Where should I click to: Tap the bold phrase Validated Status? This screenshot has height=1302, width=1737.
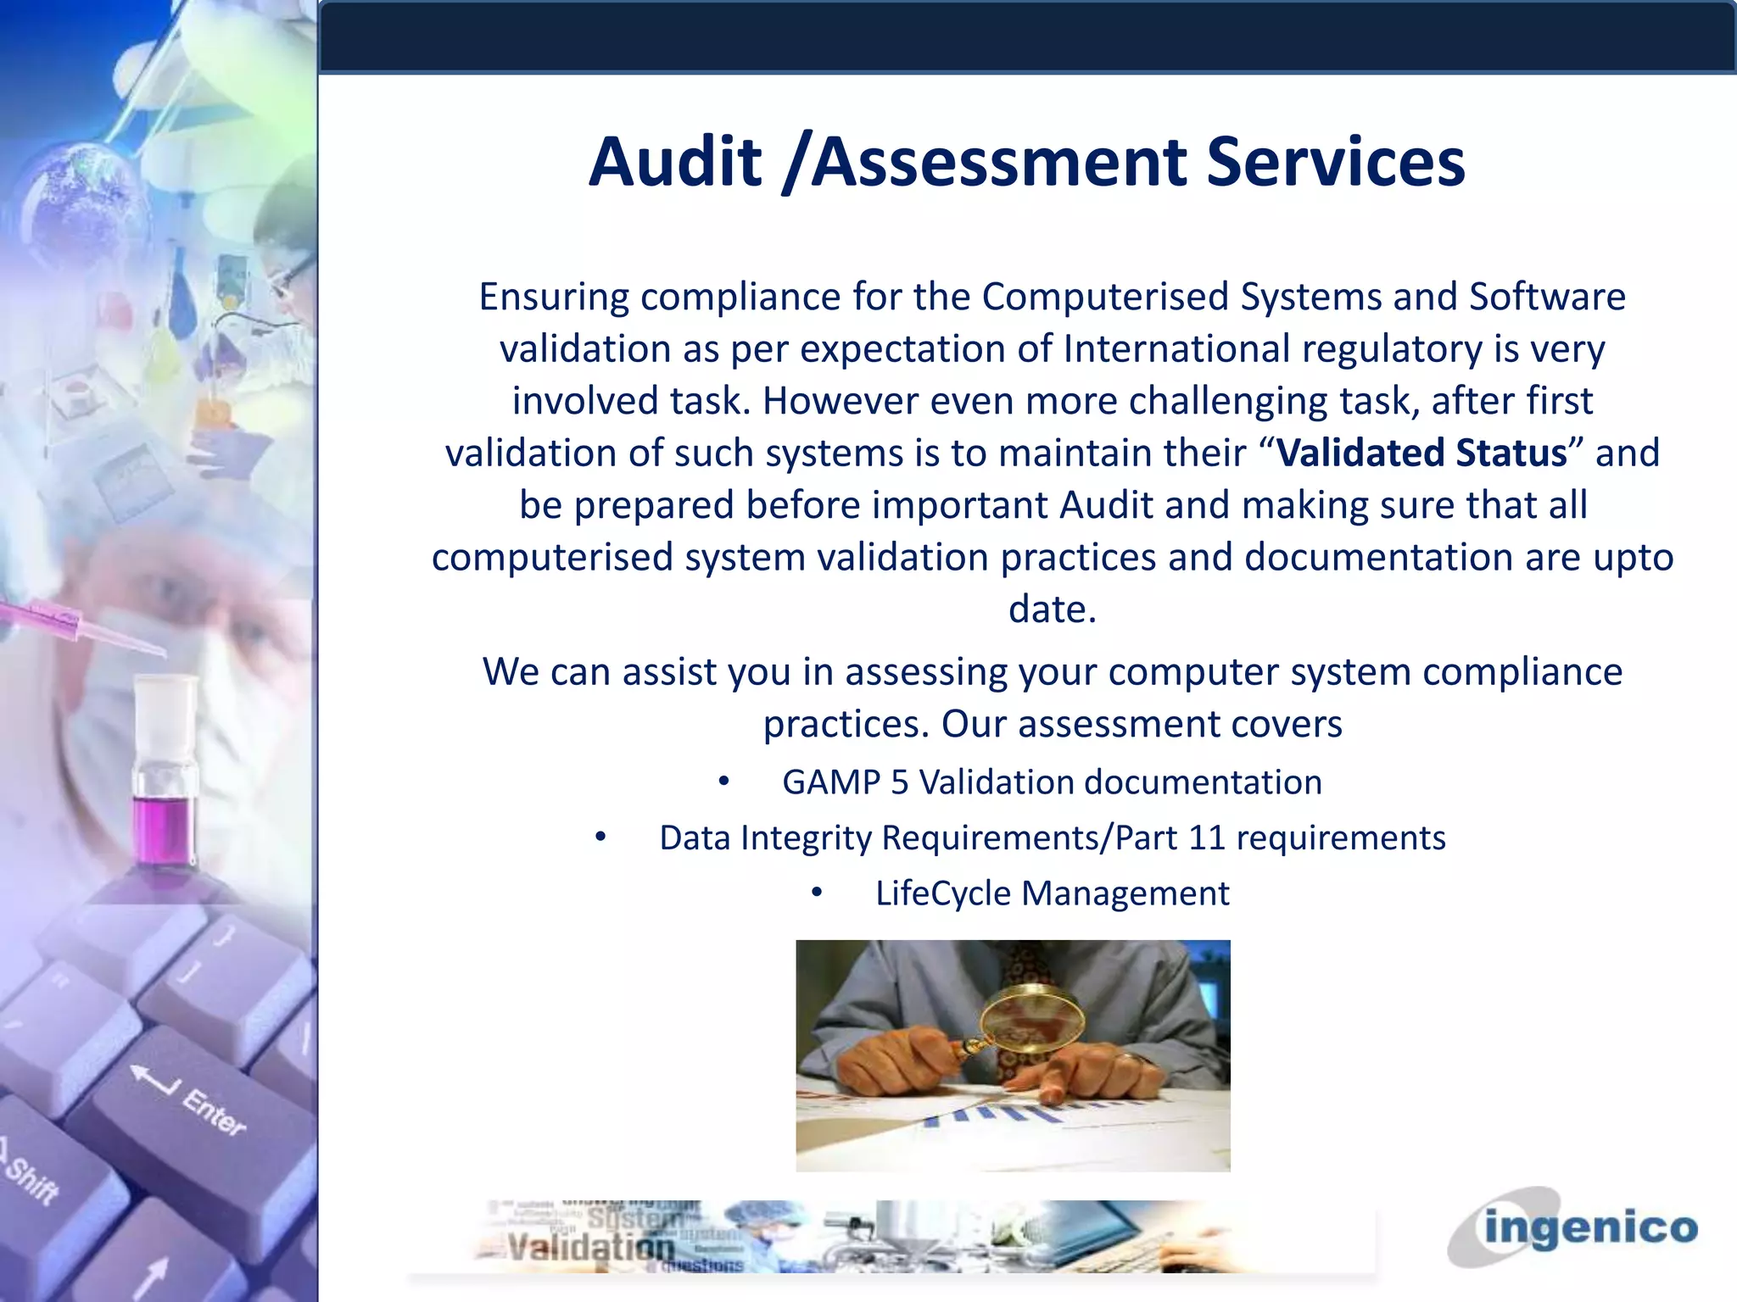(x=1421, y=453)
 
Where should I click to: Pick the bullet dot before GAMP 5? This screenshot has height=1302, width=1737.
(x=723, y=782)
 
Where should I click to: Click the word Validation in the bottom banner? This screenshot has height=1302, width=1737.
(x=590, y=1246)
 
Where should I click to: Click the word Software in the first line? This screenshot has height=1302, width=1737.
(x=1547, y=298)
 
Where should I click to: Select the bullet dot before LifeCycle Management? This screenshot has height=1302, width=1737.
(x=816, y=893)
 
